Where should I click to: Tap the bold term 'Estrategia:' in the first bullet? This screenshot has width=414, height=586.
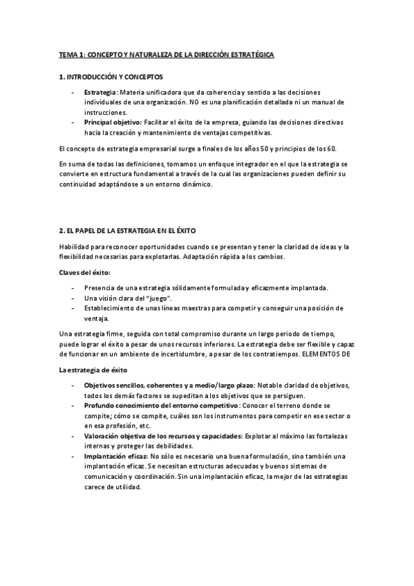100,92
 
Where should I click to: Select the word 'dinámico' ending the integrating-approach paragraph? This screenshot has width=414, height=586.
198,185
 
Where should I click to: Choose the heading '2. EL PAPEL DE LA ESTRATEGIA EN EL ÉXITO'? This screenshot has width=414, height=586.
129,229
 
